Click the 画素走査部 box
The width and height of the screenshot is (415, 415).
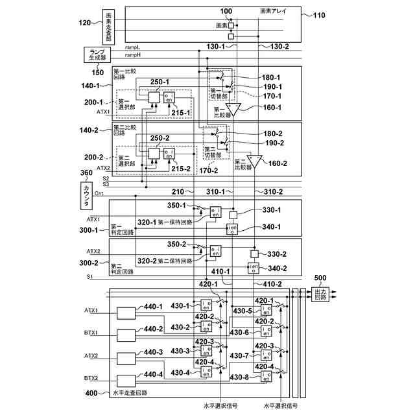coord(108,27)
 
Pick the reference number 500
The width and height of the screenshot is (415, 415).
coord(320,279)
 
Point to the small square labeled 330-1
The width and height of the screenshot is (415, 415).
coord(233,215)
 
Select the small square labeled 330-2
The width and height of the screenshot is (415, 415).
coord(254,254)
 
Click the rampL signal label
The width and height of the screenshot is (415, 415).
coord(133,47)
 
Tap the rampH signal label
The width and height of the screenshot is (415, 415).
coord(133,56)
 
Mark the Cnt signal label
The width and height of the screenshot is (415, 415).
coord(99,193)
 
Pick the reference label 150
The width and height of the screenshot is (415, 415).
coord(97,72)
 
